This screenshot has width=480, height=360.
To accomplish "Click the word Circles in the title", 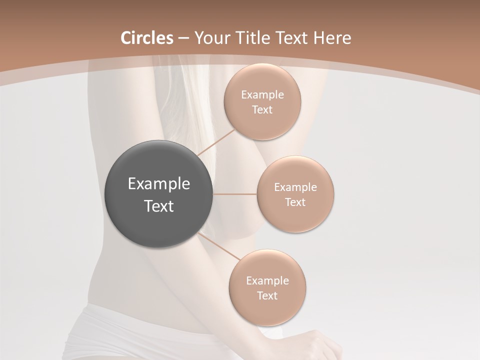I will click(x=146, y=38).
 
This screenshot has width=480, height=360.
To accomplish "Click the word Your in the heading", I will click(x=211, y=38).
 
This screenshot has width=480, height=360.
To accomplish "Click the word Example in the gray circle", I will click(x=159, y=184).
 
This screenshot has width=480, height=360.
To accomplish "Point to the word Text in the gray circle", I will click(x=159, y=206).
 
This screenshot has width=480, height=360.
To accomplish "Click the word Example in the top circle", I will click(x=262, y=95).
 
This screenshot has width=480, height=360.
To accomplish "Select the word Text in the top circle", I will click(x=262, y=110).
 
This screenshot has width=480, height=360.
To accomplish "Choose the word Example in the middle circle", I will click(x=295, y=187).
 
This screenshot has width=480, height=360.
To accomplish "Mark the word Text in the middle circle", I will click(x=295, y=202).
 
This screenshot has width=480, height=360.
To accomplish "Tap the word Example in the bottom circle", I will click(x=267, y=281).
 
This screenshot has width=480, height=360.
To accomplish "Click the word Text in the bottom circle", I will click(x=267, y=296).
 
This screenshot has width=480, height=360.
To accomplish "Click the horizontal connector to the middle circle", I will click(x=235, y=194).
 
